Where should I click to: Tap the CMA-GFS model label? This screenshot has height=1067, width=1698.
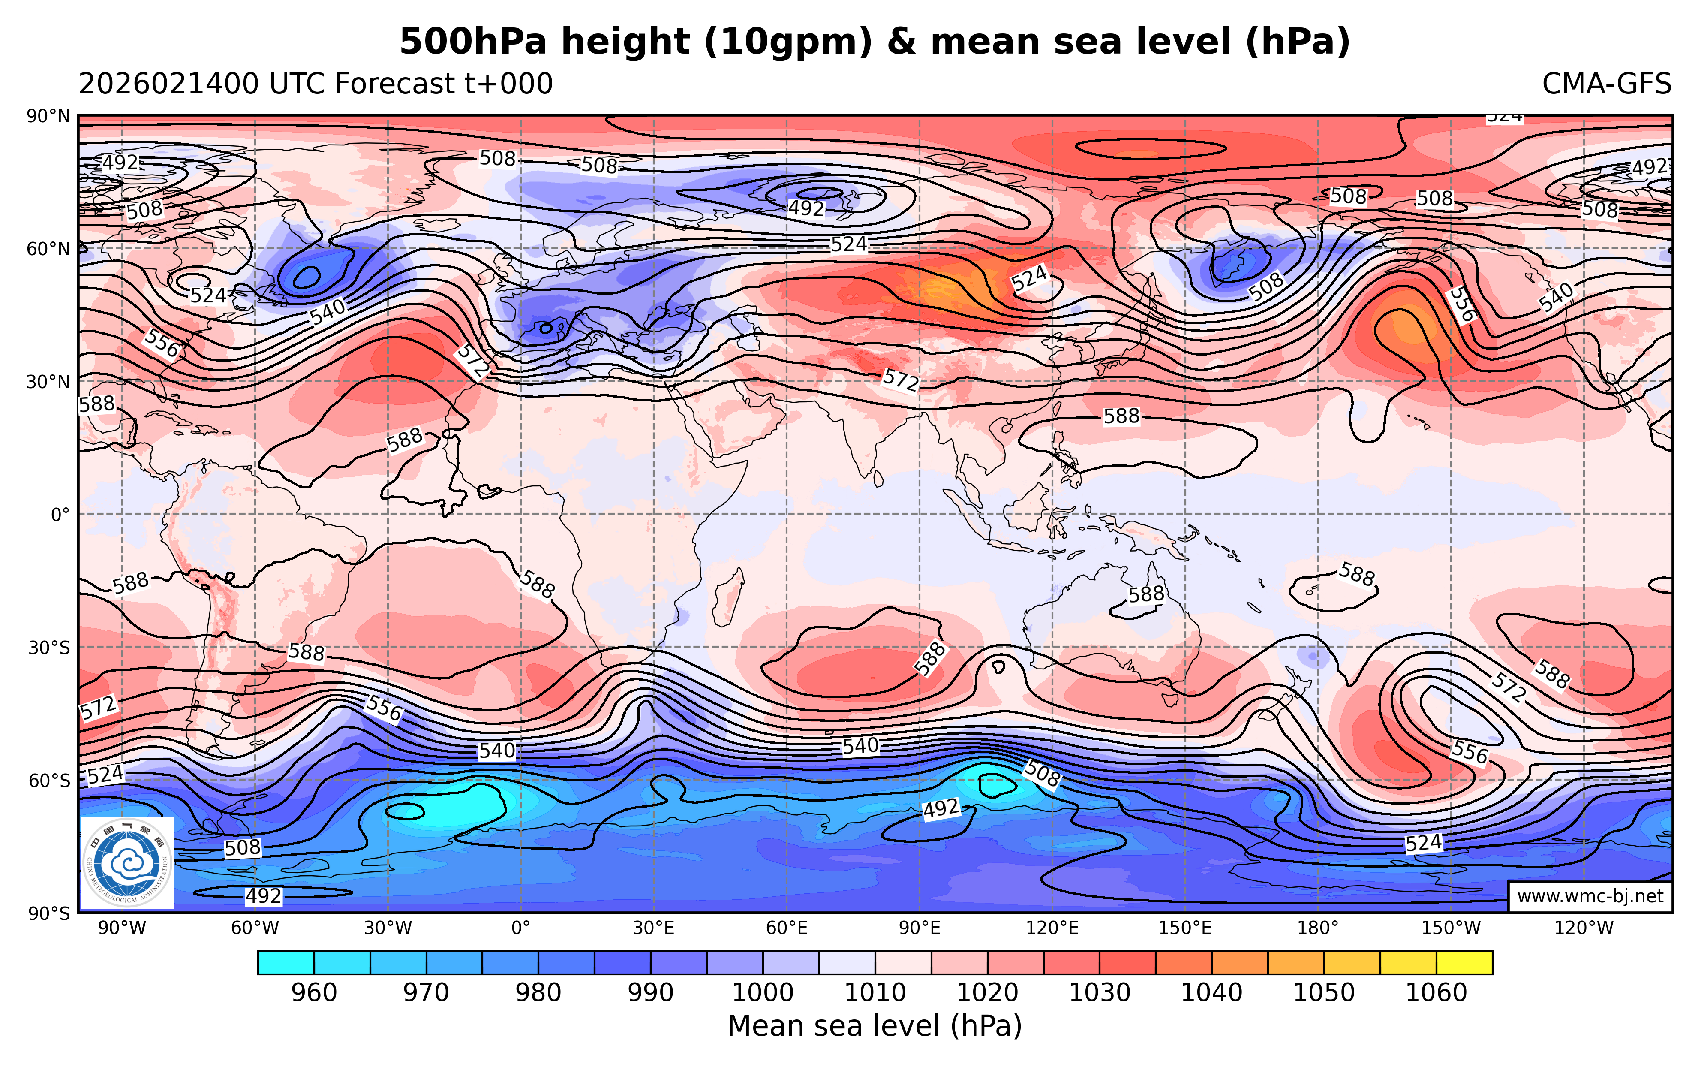[x=1606, y=84]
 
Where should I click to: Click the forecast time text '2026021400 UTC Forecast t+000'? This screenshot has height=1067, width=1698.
[x=315, y=84]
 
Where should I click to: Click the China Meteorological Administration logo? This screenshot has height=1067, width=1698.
[x=127, y=862]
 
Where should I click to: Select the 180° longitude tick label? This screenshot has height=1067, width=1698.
[x=1317, y=928]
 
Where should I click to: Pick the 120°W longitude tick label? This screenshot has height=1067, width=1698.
[x=1584, y=928]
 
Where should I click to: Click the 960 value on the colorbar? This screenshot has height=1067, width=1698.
[x=314, y=993]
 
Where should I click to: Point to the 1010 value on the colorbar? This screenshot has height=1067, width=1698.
[x=875, y=993]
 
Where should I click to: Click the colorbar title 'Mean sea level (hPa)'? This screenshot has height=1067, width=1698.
[x=875, y=1026]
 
